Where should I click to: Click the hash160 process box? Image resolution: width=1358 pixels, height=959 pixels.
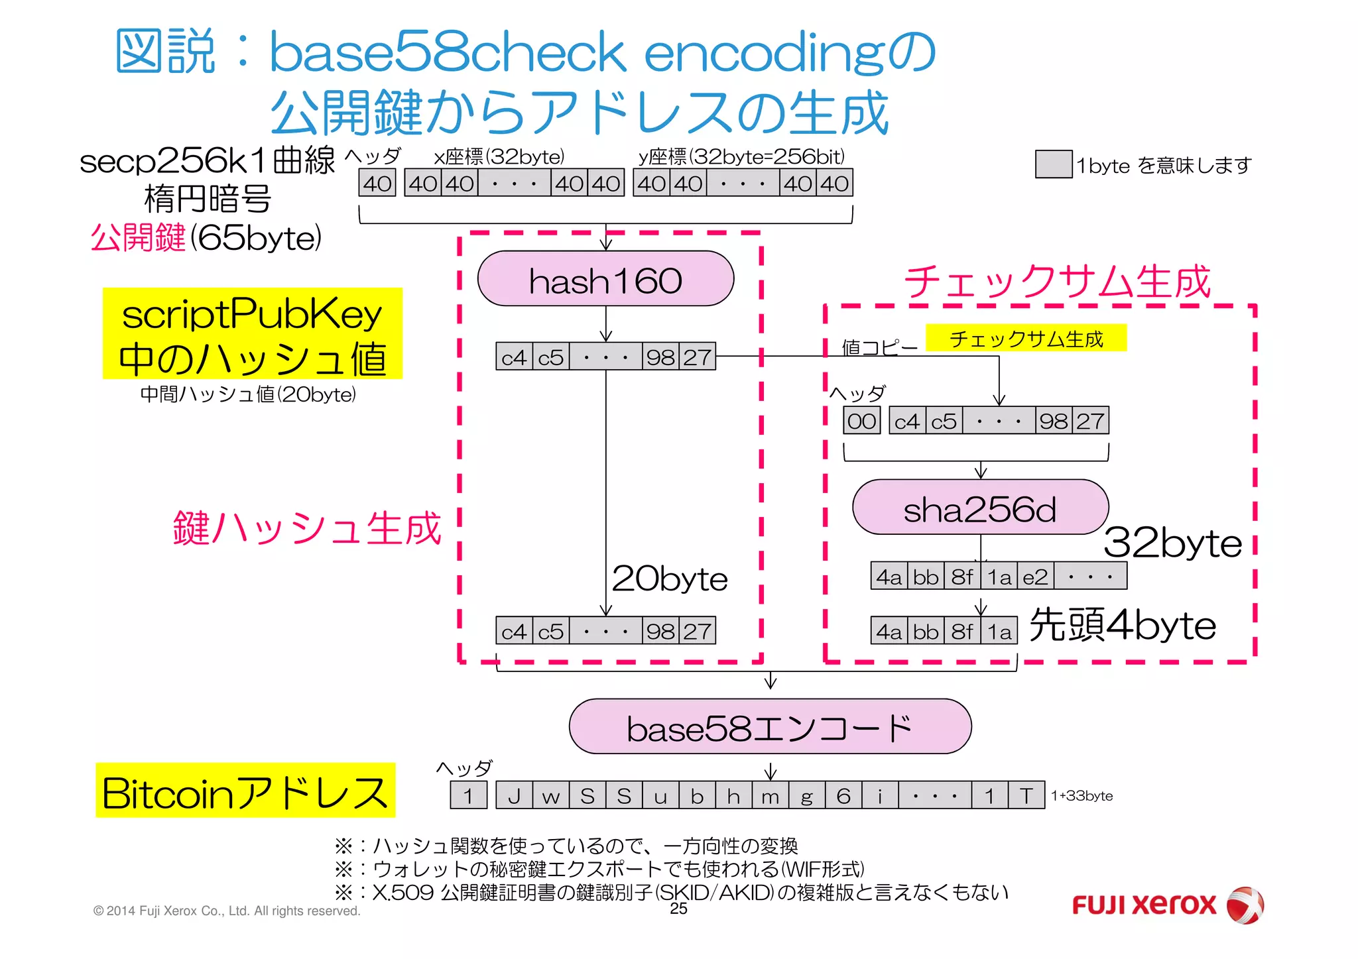point(605,279)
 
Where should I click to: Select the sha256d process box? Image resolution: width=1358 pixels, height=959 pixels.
point(980,508)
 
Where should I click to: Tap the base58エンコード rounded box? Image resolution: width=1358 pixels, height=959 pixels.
point(770,727)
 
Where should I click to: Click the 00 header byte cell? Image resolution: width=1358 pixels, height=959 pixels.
point(861,421)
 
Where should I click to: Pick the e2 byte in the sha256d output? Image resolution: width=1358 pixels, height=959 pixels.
point(1035,577)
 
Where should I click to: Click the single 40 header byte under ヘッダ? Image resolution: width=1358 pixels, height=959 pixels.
point(377,184)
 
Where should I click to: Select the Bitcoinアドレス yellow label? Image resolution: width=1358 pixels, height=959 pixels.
point(245,791)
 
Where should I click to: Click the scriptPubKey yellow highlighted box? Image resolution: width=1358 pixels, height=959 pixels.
point(252,333)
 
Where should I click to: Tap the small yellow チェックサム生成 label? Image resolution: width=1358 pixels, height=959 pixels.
point(1026,339)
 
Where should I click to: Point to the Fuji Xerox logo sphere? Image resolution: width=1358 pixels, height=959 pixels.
point(1245,905)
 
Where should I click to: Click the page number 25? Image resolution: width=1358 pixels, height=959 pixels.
point(678,909)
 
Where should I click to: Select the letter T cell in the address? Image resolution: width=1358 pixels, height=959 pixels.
point(1026,795)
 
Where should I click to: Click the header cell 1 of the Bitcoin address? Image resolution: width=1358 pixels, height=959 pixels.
point(468,795)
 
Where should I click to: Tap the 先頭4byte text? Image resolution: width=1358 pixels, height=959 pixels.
point(1123,625)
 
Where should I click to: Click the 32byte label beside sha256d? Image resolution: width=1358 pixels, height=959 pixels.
point(1172,543)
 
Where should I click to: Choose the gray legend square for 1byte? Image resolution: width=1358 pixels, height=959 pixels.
point(1053,164)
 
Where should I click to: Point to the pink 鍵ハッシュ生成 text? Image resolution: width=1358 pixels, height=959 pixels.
point(307,528)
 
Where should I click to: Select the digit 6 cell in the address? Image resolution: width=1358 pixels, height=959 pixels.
point(843,795)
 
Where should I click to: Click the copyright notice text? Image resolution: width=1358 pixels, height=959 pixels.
point(227,911)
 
